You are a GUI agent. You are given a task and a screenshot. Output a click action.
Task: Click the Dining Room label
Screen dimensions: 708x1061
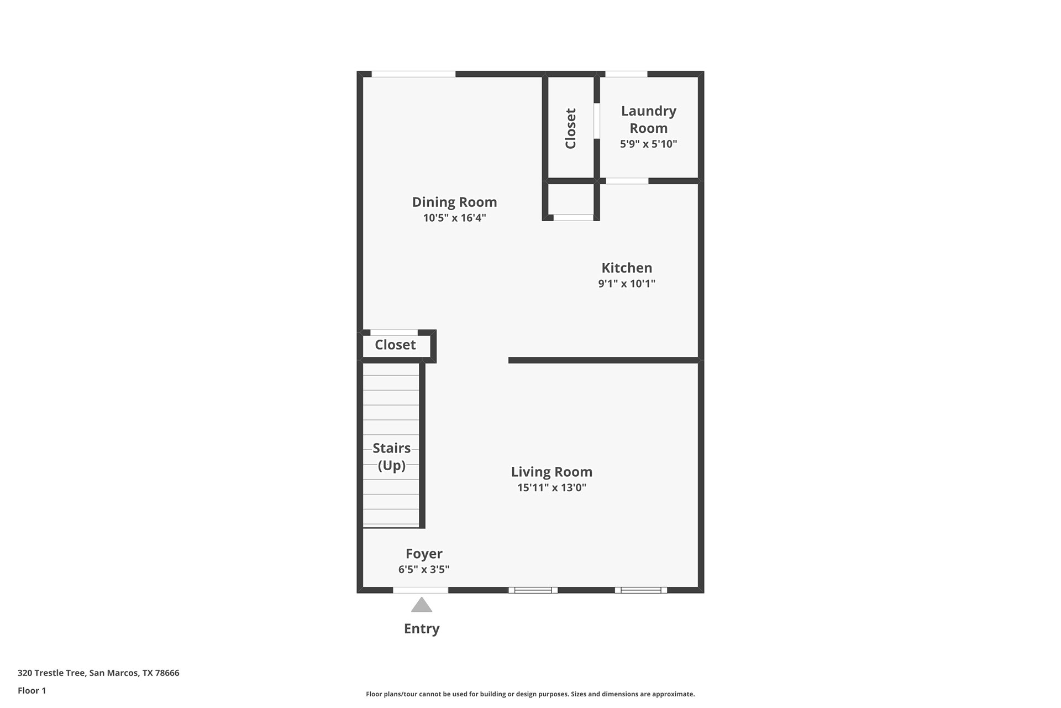[x=454, y=202]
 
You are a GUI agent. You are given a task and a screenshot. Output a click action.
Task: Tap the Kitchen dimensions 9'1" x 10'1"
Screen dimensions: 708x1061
[x=627, y=284]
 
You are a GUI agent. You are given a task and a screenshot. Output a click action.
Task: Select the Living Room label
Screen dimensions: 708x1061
[x=551, y=472]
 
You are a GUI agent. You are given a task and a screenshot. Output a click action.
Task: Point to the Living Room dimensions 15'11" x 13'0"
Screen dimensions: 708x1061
[x=551, y=487]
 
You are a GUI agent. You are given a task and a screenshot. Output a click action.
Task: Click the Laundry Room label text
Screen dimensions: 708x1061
[x=648, y=119]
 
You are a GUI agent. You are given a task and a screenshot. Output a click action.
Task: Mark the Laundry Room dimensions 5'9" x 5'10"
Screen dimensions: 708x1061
[x=648, y=144]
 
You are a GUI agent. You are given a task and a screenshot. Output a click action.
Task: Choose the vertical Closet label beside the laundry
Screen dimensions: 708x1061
[x=571, y=128]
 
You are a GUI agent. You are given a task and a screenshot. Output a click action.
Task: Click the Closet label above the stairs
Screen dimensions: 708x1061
[x=395, y=345]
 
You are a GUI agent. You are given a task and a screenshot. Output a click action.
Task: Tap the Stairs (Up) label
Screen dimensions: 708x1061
[x=391, y=456]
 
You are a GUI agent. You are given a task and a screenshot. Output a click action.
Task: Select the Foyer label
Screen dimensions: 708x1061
[x=424, y=554]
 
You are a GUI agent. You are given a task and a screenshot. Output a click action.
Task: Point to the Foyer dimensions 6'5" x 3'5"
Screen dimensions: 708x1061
[x=424, y=569]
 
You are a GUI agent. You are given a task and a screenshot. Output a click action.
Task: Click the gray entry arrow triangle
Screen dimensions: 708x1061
[x=422, y=606]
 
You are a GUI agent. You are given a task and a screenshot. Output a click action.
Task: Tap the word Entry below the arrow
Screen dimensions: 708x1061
[x=422, y=628]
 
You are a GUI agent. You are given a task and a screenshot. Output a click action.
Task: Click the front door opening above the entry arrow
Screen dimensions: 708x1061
[x=421, y=590]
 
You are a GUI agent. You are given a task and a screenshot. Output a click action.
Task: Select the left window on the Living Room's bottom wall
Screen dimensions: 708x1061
[x=533, y=590]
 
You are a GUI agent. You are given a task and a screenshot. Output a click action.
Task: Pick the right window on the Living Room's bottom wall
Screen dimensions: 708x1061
[x=641, y=590]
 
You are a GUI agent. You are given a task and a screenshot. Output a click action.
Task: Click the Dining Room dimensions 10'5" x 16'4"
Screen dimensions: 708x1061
[x=454, y=218]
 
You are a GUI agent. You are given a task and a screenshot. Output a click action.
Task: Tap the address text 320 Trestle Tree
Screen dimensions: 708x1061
[x=98, y=673]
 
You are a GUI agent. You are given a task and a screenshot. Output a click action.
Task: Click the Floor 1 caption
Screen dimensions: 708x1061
[x=32, y=690]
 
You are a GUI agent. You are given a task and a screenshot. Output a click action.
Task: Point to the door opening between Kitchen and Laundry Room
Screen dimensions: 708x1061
[x=627, y=181]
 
